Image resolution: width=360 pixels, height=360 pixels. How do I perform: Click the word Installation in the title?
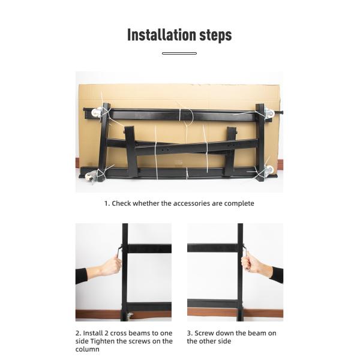[159, 35]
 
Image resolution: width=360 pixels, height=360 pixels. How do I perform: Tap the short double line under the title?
[179, 53]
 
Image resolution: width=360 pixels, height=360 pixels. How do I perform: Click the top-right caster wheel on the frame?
[269, 113]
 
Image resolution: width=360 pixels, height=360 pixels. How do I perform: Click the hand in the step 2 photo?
[110, 265]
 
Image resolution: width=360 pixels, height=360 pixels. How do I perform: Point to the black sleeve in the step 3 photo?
[277, 274]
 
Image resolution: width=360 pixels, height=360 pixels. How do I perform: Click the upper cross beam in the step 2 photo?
[149, 248]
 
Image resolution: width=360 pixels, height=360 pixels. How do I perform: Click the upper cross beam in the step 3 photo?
[211, 248]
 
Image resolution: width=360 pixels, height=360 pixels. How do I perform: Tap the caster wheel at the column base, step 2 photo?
[130, 315]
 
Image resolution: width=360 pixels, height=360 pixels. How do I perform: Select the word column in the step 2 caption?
[88, 349]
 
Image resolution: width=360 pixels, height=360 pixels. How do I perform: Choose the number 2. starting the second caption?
[78, 333]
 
